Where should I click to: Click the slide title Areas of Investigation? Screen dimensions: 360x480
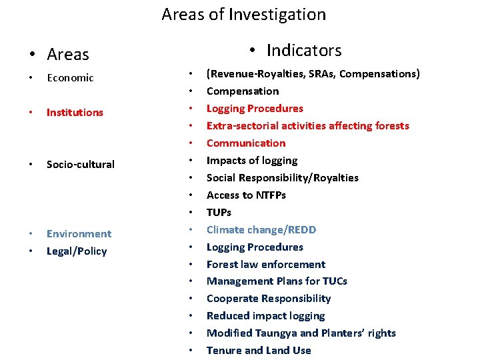243,15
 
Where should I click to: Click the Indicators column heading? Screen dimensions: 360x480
303,51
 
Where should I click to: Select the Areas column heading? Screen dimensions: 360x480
67,55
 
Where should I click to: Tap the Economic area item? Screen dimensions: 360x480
70,78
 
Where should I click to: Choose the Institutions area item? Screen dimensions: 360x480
75,113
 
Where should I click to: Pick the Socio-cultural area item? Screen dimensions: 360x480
80,165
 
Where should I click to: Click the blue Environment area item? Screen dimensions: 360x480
79,234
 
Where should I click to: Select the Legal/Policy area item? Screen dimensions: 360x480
76,251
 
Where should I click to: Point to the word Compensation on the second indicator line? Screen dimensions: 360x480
243,91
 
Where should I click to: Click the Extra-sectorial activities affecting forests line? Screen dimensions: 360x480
307,126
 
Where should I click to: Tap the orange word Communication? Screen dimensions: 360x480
245,143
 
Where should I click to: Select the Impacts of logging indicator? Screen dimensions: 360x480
252,161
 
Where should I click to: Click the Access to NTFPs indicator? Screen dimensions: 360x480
246,195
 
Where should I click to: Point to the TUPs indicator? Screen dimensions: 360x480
219,213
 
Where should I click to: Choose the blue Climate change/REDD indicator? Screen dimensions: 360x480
261,230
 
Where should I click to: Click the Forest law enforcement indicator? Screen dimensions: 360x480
265,265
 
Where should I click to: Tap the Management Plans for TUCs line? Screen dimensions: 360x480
277,281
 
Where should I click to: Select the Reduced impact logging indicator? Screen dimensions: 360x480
265,316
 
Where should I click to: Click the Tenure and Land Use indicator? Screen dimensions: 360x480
259,351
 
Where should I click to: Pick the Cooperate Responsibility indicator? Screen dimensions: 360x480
268,299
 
